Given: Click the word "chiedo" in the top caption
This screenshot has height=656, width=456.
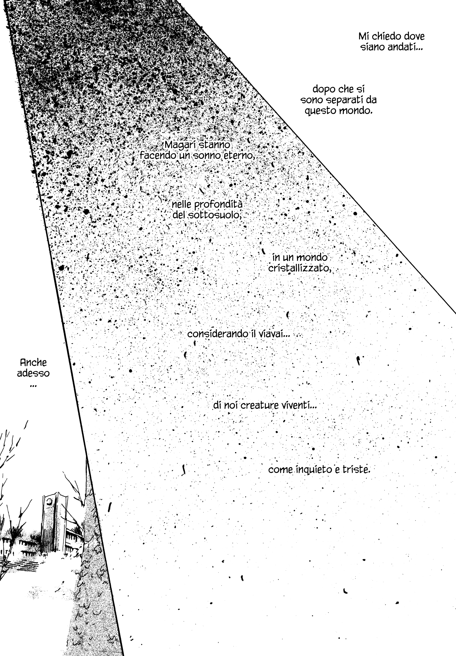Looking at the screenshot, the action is pos(383,36).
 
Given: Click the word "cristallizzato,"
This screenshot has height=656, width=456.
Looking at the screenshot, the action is pos(300,268).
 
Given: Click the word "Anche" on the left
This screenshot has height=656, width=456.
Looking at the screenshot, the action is pos(33,363).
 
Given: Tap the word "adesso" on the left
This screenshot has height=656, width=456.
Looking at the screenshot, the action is pos(33,373).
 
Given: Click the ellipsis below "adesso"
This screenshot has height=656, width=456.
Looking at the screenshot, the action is pos(33,386).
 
